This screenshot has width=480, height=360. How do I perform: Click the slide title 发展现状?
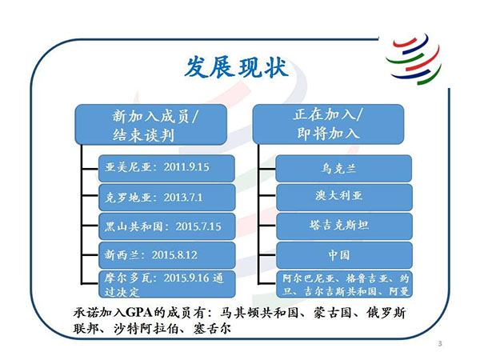click(x=237, y=67)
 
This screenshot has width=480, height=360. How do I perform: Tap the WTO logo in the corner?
click(x=414, y=59)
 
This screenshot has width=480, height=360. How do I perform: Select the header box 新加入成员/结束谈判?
click(x=151, y=125)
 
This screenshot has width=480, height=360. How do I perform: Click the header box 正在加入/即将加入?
click(x=328, y=124)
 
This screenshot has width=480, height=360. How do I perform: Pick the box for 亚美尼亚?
click(x=166, y=168)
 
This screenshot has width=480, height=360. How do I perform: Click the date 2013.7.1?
click(x=183, y=198)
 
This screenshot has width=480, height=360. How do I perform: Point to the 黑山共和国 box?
click(x=167, y=226)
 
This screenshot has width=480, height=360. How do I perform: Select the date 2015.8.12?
click(x=174, y=255)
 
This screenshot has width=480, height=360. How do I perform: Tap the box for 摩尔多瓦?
click(x=167, y=284)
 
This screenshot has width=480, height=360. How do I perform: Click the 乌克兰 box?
click(x=344, y=168)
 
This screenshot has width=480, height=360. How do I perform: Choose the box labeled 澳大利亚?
click(x=344, y=197)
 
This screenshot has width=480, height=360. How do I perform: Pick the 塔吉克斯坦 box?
click(x=344, y=226)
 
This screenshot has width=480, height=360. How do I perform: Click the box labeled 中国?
click(x=344, y=255)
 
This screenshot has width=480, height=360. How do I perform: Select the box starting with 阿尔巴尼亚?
click(x=344, y=284)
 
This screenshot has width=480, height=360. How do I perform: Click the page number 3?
click(x=440, y=343)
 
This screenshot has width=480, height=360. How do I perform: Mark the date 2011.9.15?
click(x=186, y=167)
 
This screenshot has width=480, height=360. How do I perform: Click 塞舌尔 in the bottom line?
click(x=212, y=329)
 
